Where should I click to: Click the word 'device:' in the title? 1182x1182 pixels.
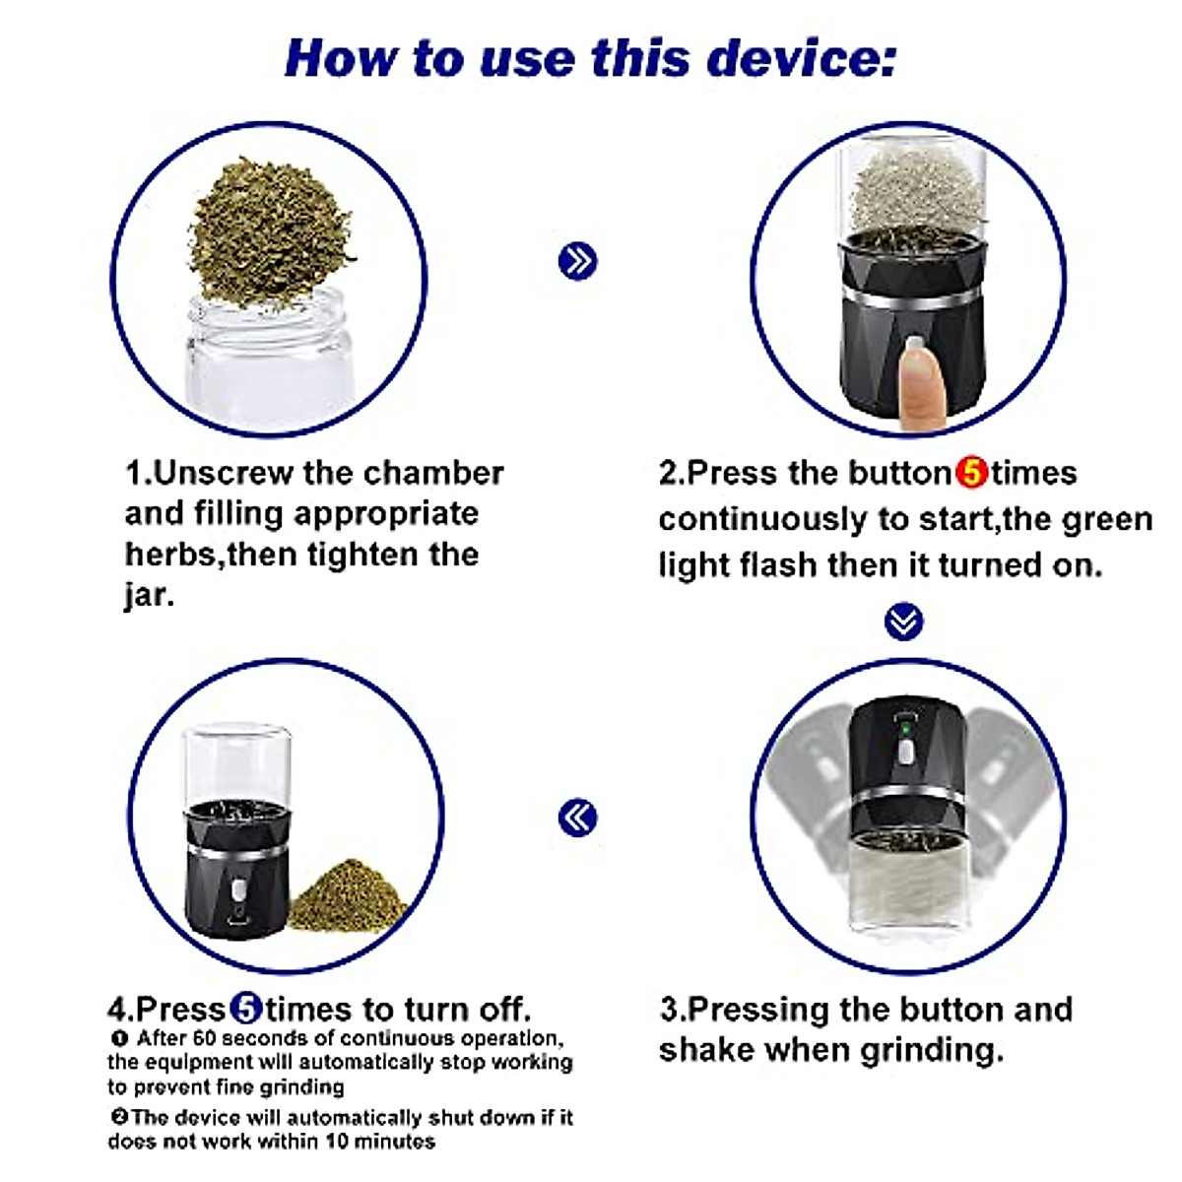click(x=802, y=58)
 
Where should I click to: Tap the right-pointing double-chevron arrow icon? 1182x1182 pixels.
click(x=578, y=261)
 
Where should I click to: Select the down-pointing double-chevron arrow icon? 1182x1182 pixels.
click(x=903, y=622)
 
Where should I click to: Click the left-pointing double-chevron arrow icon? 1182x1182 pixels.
click(x=578, y=818)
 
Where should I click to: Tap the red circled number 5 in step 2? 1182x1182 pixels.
click(x=971, y=473)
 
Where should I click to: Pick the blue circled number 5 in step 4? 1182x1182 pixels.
click(x=246, y=1008)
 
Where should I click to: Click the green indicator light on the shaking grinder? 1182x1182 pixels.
click(x=905, y=730)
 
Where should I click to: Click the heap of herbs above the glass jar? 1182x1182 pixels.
click(x=270, y=230)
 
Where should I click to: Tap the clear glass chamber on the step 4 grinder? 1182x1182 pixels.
click(x=236, y=763)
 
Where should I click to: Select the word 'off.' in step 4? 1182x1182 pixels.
click(x=505, y=1009)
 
